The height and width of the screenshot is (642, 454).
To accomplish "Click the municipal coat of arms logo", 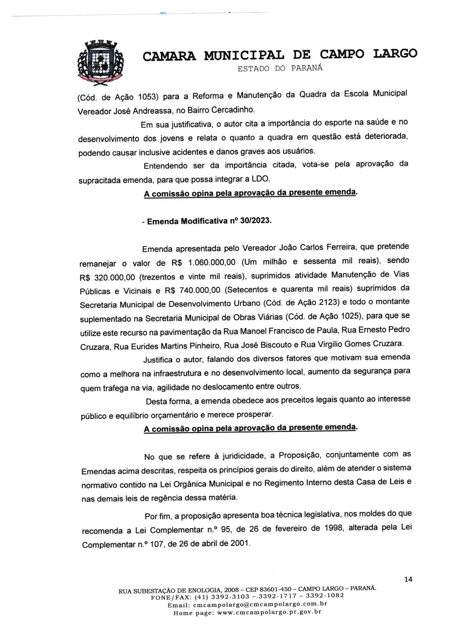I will [101, 63].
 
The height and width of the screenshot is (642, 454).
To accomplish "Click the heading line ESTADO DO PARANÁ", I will [280, 68].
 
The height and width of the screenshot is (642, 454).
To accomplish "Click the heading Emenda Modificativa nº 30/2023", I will [207, 220].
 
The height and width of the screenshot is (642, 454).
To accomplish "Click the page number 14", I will [408, 579].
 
